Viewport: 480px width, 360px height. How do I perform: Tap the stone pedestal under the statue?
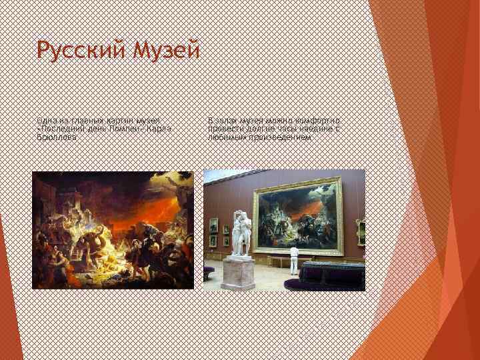click(238, 273)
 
